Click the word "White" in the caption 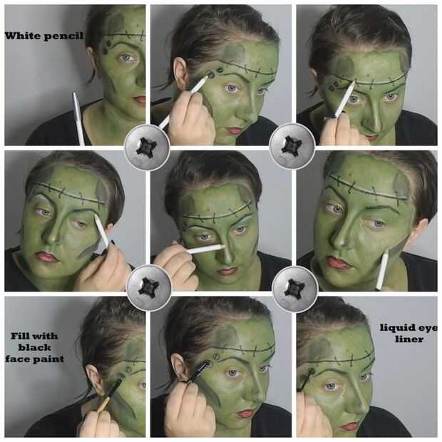tap(23, 36)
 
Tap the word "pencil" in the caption tap(63, 36)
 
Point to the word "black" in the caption tap(35, 347)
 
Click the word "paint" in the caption tap(49, 359)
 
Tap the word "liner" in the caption tap(409, 339)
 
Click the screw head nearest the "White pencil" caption tap(147, 148)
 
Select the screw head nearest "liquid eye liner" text tap(295, 289)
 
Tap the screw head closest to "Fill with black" tap(148, 288)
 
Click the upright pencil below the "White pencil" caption tap(78, 118)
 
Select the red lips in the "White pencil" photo tap(140, 100)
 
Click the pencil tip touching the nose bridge tap(223, 247)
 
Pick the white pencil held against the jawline tap(382, 270)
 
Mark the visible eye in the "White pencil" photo tap(127, 58)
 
